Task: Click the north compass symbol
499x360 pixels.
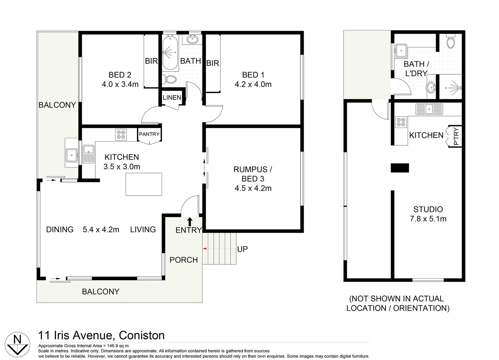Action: pyautogui.click(x=17, y=344)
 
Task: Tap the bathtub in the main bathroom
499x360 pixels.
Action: pyautogui.click(x=170, y=53)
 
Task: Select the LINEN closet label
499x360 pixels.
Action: pyautogui.click(x=172, y=98)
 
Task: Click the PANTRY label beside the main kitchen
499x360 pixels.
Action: pyautogui.click(x=149, y=134)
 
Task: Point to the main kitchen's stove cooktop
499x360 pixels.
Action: pyautogui.click(x=121, y=135)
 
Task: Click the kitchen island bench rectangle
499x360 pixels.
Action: pyautogui.click(x=144, y=184)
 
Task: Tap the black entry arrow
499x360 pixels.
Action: pyautogui.click(x=190, y=222)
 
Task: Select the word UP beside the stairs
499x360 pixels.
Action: pyautogui.click(x=243, y=249)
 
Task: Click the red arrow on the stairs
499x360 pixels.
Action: pyautogui.click(x=205, y=249)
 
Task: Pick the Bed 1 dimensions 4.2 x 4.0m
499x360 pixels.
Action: pyautogui.click(x=253, y=84)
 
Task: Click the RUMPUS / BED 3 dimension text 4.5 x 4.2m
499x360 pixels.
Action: pyautogui.click(x=253, y=188)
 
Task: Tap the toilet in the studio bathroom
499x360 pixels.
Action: pyautogui.click(x=450, y=42)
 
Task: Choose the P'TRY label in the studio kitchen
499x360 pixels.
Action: pyautogui.click(x=456, y=136)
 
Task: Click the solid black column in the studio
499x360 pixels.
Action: pyautogui.click(x=400, y=168)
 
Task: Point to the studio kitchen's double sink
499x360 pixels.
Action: pyautogui.click(x=429, y=109)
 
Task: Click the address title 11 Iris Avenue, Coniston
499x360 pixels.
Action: pyautogui.click(x=102, y=335)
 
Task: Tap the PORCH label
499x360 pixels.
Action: pyautogui.click(x=184, y=260)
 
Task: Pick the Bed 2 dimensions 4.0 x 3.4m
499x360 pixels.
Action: pyautogui.click(x=120, y=84)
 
